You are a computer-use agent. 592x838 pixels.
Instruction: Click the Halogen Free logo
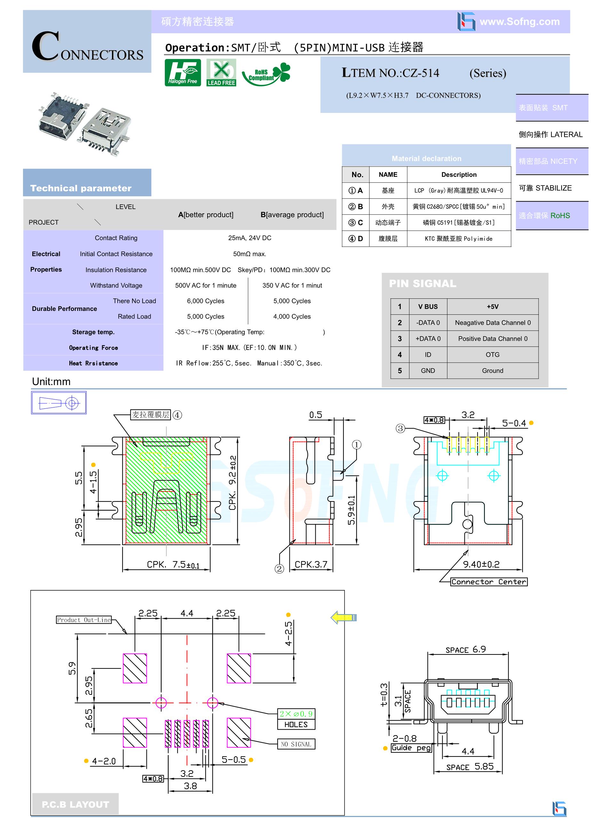pos(183,73)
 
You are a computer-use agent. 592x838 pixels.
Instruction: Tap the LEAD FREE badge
pos(221,73)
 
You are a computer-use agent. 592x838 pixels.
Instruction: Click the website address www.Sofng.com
pos(519,22)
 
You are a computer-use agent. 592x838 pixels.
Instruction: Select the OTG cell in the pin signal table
pos(492,354)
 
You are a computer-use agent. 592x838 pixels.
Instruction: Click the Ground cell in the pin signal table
pos(492,370)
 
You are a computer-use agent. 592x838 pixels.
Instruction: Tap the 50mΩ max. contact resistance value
pos(250,254)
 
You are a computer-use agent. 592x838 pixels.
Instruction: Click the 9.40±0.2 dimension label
pos(481,564)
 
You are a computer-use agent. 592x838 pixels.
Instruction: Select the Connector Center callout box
pos(489,582)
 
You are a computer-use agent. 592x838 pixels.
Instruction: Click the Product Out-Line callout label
pos(84,620)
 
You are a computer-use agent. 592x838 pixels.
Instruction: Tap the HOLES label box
pos(296,724)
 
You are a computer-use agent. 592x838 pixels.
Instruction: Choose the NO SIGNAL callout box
pos(296,744)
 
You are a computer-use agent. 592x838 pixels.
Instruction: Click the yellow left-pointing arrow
pos(343,618)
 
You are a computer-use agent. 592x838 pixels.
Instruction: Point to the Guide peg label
pos(411,748)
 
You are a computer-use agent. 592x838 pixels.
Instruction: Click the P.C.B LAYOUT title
pos(75,804)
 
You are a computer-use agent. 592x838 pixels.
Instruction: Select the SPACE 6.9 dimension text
pos(465,650)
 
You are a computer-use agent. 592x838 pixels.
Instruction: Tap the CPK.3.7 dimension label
pos(311,564)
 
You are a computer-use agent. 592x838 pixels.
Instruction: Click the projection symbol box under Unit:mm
pos(59,403)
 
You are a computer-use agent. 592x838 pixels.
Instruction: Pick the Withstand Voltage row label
pos(116,285)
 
